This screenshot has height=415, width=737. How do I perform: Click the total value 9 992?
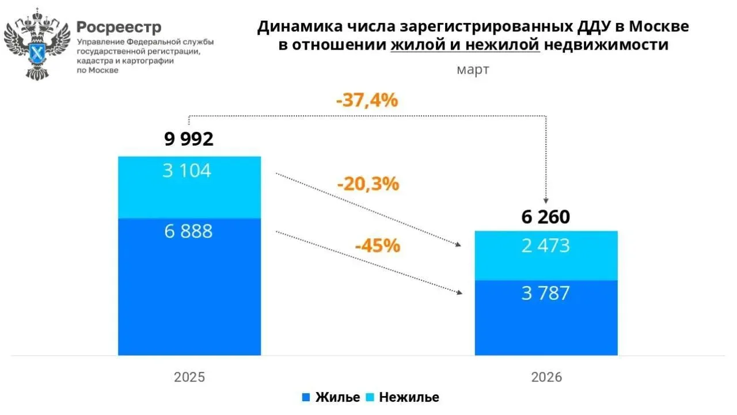pyautogui.click(x=189, y=139)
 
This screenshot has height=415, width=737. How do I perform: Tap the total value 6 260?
pyautogui.click(x=546, y=217)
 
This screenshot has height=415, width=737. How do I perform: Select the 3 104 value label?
pyautogui.click(x=187, y=171)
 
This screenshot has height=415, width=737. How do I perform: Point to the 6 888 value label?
pyautogui.click(x=187, y=231)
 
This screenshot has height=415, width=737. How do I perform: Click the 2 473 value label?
pyautogui.click(x=545, y=246)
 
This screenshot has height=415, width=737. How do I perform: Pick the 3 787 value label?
pyautogui.click(x=545, y=294)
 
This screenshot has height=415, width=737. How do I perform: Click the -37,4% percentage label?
pyautogui.click(x=367, y=100)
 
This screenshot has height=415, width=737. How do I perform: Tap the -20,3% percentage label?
pyautogui.click(x=368, y=184)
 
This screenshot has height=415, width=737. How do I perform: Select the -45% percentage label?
pyautogui.click(x=377, y=246)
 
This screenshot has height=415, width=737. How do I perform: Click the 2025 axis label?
pyautogui.click(x=189, y=378)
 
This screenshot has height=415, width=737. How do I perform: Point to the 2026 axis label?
pyautogui.click(x=546, y=378)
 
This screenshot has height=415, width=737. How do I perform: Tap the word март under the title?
pyautogui.click(x=473, y=70)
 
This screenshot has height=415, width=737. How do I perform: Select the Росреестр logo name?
pyautogui.click(x=119, y=27)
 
